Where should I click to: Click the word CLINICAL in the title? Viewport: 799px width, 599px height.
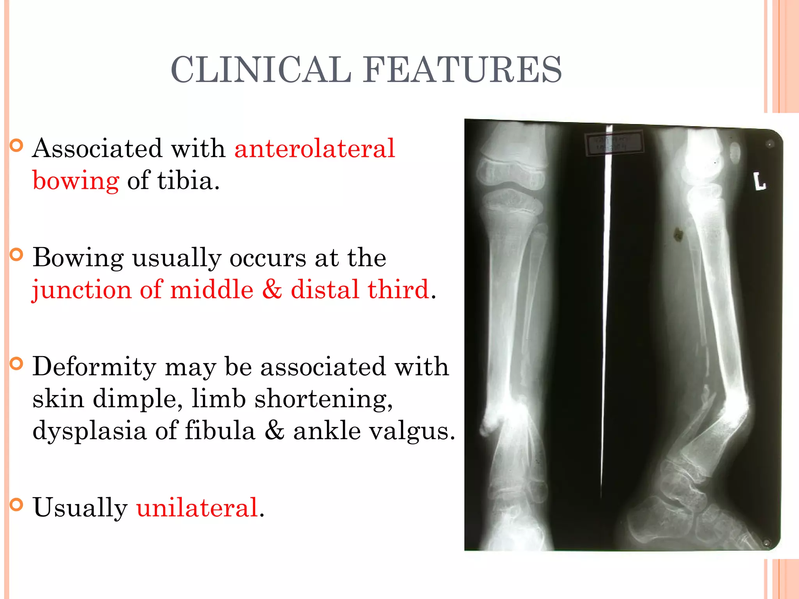(x=261, y=70)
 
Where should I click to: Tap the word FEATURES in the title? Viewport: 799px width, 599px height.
(x=463, y=70)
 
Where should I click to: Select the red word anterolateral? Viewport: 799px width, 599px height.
(x=315, y=149)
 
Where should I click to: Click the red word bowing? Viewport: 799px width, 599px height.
(x=76, y=181)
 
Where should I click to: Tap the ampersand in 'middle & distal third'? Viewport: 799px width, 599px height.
(x=272, y=290)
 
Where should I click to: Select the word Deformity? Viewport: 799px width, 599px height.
(x=94, y=367)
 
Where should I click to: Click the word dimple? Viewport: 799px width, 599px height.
(x=138, y=399)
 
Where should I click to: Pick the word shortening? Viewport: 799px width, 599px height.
(x=323, y=399)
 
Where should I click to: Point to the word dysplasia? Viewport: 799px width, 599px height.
(x=89, y=431)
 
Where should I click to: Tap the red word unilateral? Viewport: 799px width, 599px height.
(x=197, y=508)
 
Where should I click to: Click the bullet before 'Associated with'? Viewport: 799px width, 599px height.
(x=16, y=146)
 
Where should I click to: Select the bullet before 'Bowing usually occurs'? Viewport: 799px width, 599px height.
(x=16, y=255)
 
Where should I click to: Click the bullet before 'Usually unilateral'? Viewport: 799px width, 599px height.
(x=16, y=505)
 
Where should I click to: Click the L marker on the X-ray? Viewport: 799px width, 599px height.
(x=759, y=182)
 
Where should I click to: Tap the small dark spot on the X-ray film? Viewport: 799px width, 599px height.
(x=678, y=234)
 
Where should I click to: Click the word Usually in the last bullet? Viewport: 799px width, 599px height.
(x=80, y=508)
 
